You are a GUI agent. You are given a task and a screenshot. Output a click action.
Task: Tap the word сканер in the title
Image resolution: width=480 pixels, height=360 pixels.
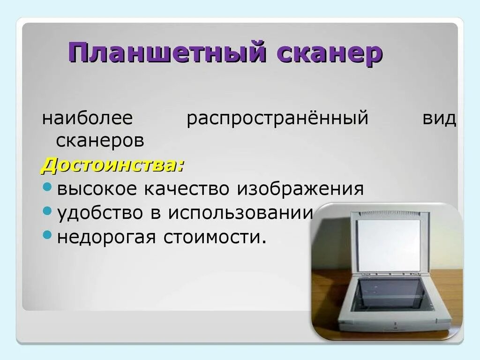point(330,52)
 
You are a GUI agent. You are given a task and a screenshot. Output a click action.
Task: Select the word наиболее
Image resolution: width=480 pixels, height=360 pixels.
point(88,119)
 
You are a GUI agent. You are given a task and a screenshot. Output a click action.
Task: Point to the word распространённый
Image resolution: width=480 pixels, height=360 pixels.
point(277,119)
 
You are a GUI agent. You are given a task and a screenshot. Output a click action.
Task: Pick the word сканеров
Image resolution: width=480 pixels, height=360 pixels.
point(100,140)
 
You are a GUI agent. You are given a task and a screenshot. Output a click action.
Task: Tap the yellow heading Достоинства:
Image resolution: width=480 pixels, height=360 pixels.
point(113,165)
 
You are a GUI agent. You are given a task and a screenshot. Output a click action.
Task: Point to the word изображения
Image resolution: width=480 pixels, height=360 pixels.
point(300,189)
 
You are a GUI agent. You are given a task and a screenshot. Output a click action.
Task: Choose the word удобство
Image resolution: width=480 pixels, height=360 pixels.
point(99,213)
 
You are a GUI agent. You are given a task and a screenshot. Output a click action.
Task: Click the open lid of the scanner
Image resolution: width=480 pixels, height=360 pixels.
point(389,244)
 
